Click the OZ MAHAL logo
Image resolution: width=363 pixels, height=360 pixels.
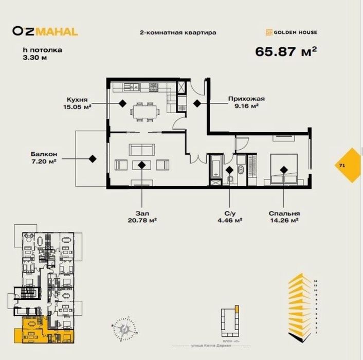[45, 31]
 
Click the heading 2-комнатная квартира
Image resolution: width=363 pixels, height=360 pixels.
[178, 32]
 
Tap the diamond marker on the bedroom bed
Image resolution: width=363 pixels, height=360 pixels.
[283, 168]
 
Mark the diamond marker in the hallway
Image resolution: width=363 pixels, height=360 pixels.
[197, 103]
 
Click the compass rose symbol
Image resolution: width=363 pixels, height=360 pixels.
[123, 326]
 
